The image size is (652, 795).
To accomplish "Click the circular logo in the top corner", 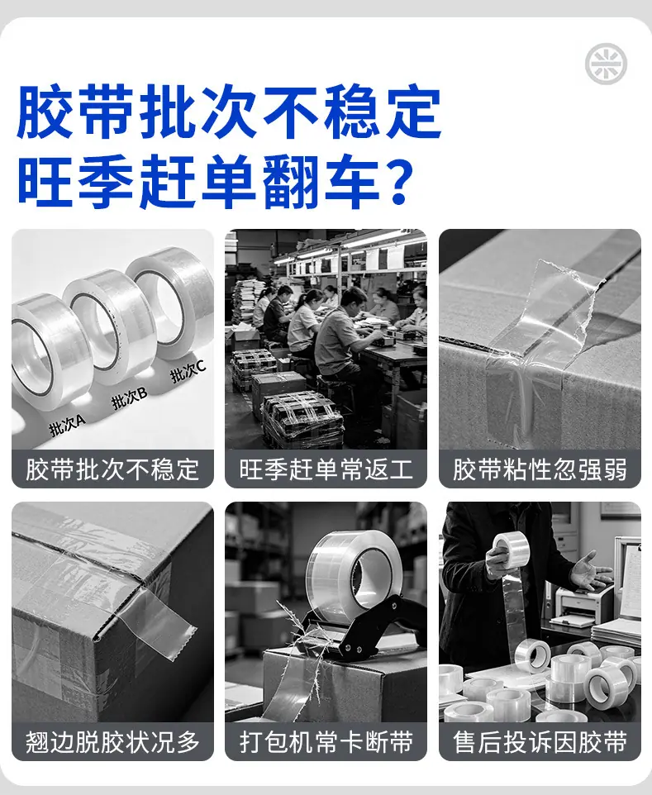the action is pyautogui.click(x=606, y=64).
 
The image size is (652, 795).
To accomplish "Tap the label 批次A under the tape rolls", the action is pyautogui.click(x=68, y=426).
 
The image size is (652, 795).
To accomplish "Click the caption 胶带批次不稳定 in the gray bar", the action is pyautogui.click(x=112, y=469).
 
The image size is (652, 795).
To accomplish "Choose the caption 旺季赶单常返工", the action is pyautogui.click(x=326, y=469).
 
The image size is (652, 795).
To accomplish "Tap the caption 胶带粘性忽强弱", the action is pyautogui.click(x=540, y=469).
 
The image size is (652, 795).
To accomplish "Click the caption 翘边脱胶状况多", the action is pyautogui.click(x=112, y=742).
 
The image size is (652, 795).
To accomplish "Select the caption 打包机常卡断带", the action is pyautogui.click(x=326, y=742).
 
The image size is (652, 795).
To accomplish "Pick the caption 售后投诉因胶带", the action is pyautogui.click(x=540, y=742).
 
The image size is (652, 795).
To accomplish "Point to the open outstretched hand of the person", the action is pyautogui.click(x=589, y=572).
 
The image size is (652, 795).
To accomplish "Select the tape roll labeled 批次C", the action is pyautogui.click(x=171, y=304).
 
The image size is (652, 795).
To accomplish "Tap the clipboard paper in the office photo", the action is pyautogui.click(x=631, y=580).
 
